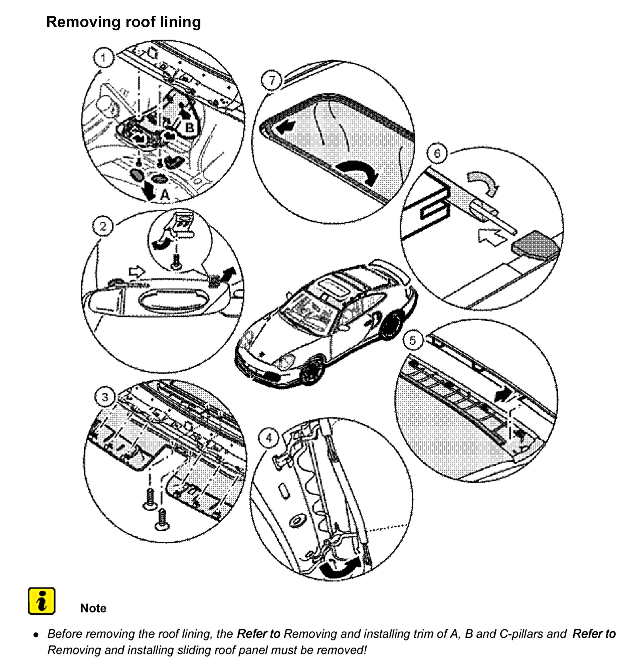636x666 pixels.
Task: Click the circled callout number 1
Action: (x=104, y=58)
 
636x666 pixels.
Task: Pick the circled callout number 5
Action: (x=413, y=340)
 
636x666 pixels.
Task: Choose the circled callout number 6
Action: (x=437, y=153)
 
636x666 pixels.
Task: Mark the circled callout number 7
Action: (x=272, y=81)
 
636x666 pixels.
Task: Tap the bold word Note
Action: (x=93, y=608)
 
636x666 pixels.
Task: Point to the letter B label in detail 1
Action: (x=190, y=128)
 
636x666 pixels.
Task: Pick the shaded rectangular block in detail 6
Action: (x=535, y=244)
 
